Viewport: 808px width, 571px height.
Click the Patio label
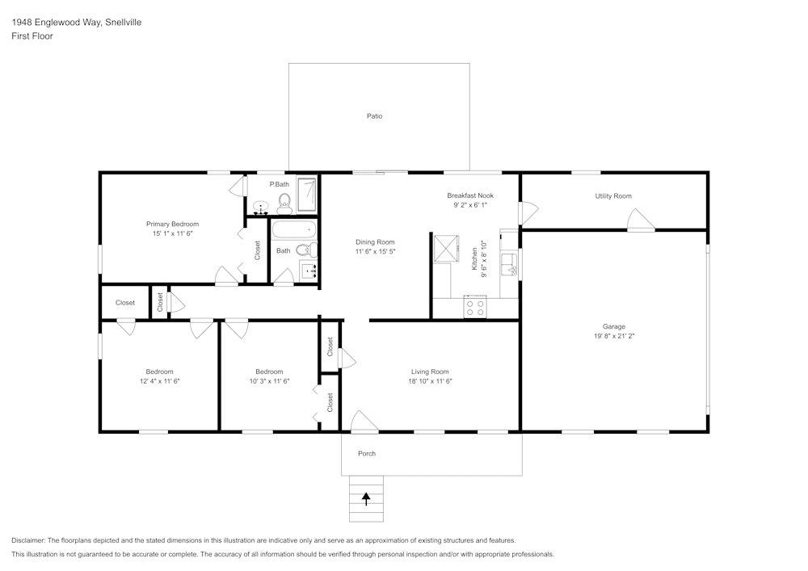(x=374, y=116)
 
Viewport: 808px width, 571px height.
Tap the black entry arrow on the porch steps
(x=366, y=499)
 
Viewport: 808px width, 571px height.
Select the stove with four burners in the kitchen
(x=474, y=307)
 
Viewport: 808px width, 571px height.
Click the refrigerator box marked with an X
(x=445, y=247)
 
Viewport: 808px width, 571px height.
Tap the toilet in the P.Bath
(x=284, y=201)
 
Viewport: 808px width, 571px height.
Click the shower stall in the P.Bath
(x=307, y=195)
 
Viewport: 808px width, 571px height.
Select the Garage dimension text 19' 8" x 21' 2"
(x=613, y=336)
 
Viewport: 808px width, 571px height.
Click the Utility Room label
(x=613, y=196)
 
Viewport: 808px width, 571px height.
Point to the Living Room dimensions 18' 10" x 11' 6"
(x=430, y=381)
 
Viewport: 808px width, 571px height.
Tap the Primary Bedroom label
(x=172, y=224)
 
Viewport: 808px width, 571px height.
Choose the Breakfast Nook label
(x=470, y=195)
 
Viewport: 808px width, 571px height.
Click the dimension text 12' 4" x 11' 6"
(x=159, y=381)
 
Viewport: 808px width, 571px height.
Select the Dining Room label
(x=375, y=241)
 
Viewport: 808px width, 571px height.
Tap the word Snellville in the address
(x=123, y=23)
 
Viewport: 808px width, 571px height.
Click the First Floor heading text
(x=32, y=36)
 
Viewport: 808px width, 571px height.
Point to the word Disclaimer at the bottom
(x=28, y=540)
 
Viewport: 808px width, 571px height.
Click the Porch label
(x=367, y=453)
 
